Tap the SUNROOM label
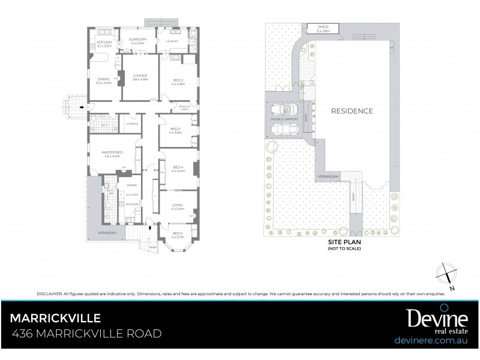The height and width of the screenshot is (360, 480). click(x=137, y=41)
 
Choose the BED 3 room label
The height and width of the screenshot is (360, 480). click(x=175, y=131)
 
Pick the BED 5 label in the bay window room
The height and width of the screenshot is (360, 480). click(x=177, y=235)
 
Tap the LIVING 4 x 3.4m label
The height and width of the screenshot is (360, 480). click(x=176, y=206)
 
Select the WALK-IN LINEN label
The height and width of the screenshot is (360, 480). click(x=184, y=108)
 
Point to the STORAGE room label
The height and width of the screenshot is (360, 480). click(x=132, y=124)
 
